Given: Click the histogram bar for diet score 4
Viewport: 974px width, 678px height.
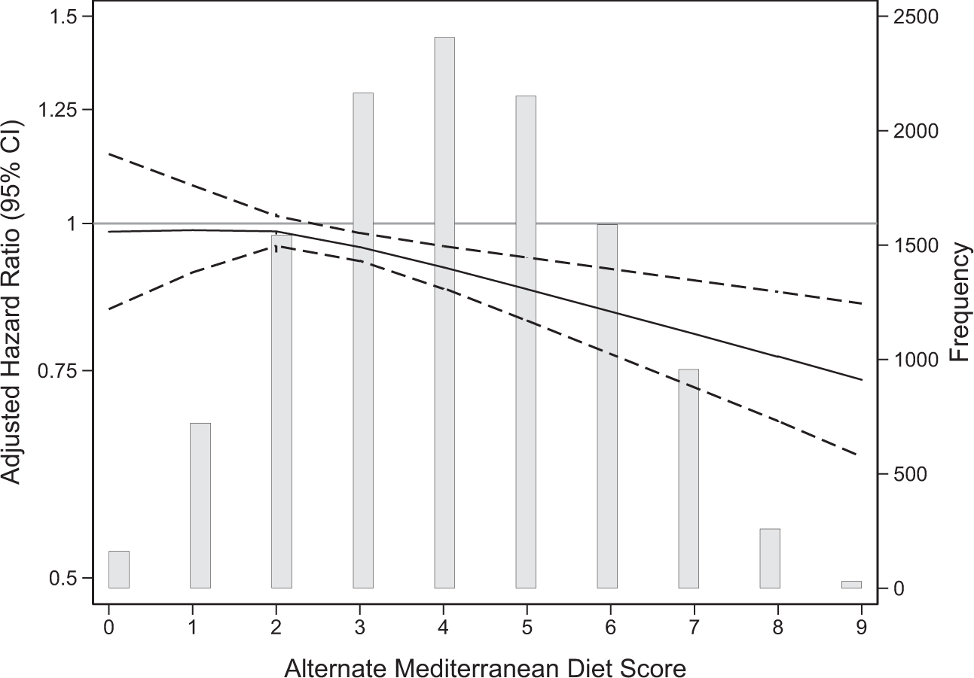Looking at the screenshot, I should click(x=444, y=312).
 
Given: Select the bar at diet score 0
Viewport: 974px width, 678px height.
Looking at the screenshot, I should click(x=119, y=569).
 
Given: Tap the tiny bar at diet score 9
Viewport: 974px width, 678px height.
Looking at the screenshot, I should click(x=851, y=584).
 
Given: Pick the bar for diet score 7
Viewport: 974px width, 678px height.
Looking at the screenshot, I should click(x=689, y=478).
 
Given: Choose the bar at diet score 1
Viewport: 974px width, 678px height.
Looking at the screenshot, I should click(x=200, y=505).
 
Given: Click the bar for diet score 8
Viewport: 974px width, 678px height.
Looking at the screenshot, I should click(x=770, y=558).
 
